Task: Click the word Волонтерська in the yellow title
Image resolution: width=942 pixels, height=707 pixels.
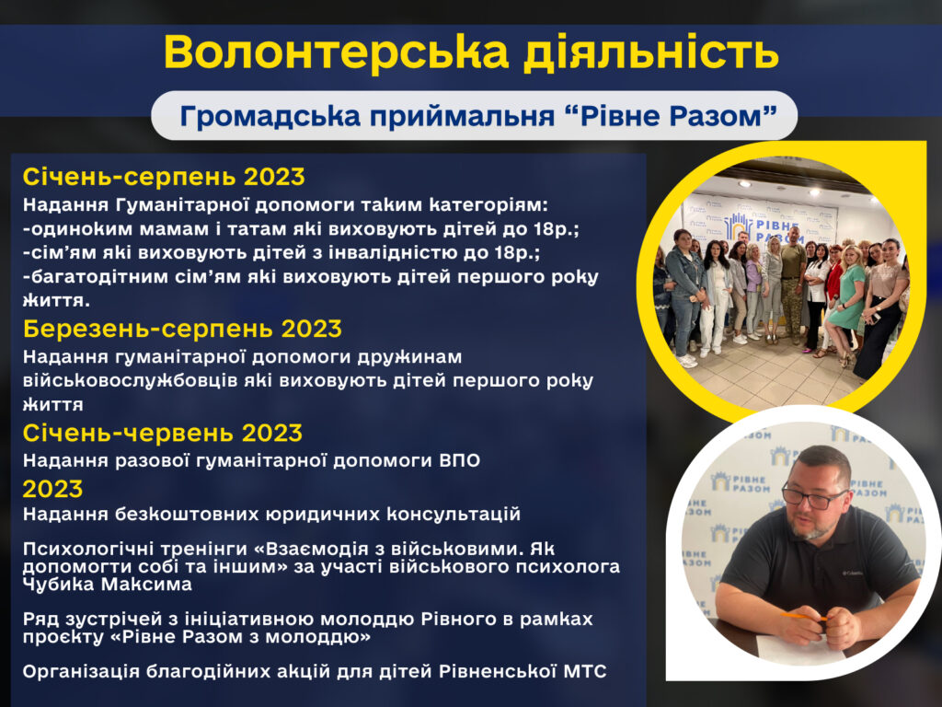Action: click(x=336, y=52)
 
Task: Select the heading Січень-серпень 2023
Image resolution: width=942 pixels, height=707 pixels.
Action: click(x=164, y=177)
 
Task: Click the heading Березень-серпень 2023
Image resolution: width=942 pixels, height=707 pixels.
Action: click(x=183, y=329)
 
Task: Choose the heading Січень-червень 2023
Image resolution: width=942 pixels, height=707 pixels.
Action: click(x=163, y=433)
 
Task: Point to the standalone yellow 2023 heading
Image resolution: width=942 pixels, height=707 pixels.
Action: click(x=52, y=489)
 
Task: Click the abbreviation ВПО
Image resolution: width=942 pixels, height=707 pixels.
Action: click(x=460, y=461)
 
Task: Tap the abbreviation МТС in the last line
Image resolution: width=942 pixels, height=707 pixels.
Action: click(x=586, y=671)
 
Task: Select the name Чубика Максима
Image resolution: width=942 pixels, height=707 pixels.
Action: click(x=108, y=585)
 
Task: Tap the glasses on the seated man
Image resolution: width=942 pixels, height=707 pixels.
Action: click(x=813, y=496)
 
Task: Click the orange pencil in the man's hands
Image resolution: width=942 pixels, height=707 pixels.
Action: click(x=803, y=616)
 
